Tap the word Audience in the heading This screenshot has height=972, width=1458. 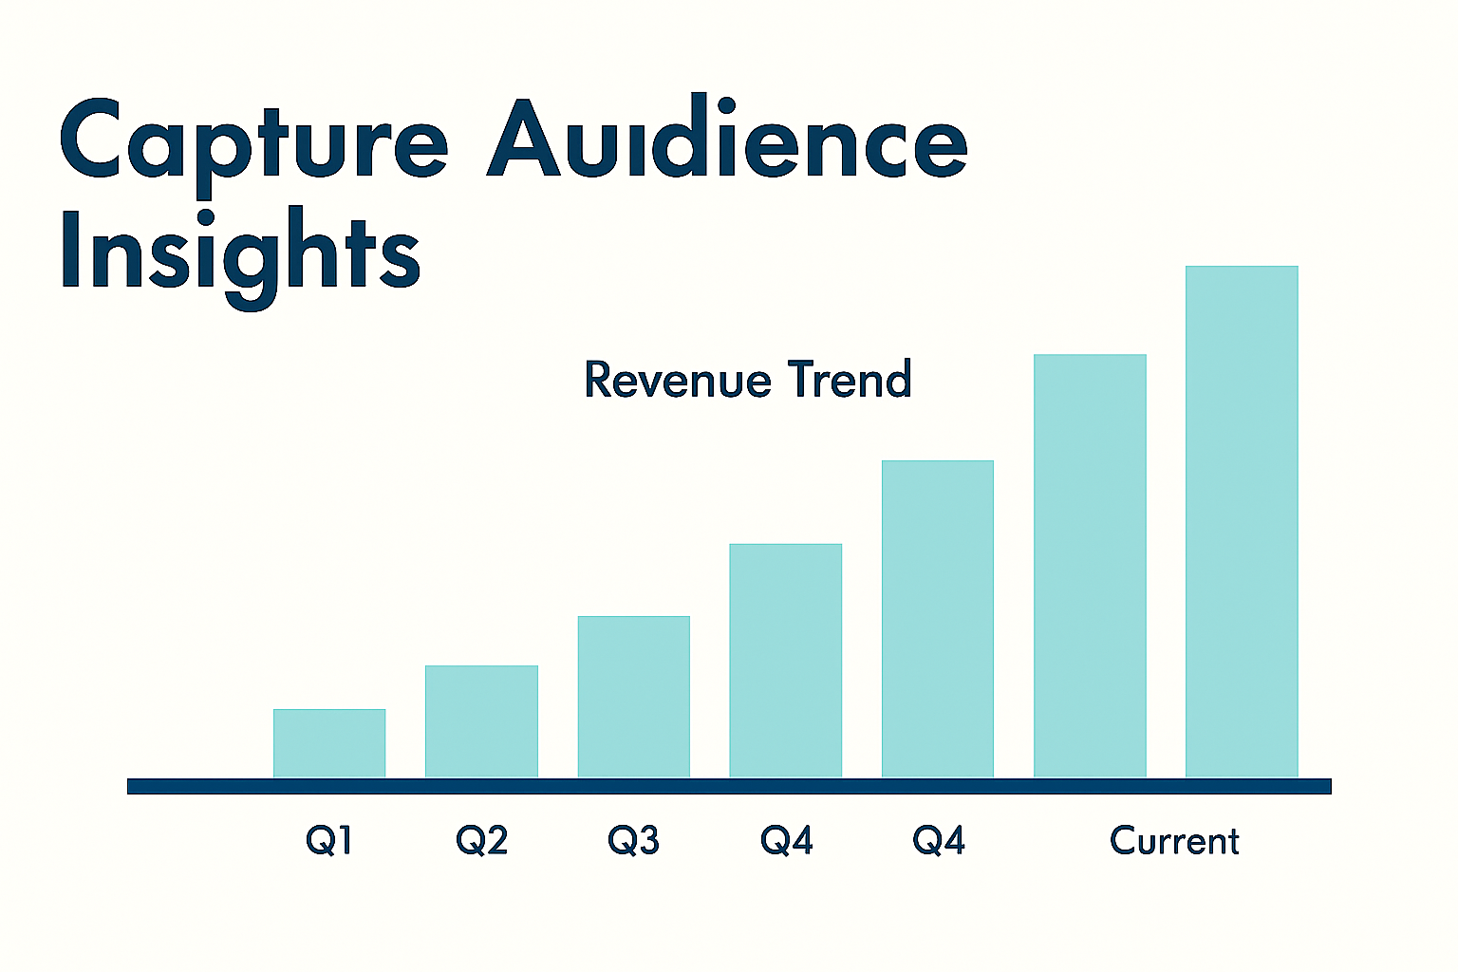pos(727,140)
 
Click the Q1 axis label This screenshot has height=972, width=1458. pos(328,840)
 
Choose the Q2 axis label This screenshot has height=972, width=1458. pos(481,840)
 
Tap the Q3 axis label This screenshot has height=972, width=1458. pos(633,840)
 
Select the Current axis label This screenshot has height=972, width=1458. pos(1174,841)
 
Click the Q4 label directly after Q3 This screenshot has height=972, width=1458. pos(786,840)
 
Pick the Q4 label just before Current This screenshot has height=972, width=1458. pos(938,840)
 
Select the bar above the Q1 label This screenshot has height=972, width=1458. pos(329,743)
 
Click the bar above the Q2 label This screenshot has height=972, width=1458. pos(481,721)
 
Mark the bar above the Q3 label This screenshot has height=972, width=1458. pos(633,697)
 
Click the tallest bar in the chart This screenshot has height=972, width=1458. pos(1242,522)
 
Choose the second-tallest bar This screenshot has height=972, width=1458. pos(1090,566)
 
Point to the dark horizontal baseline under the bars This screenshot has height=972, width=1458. pos(729,786)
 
